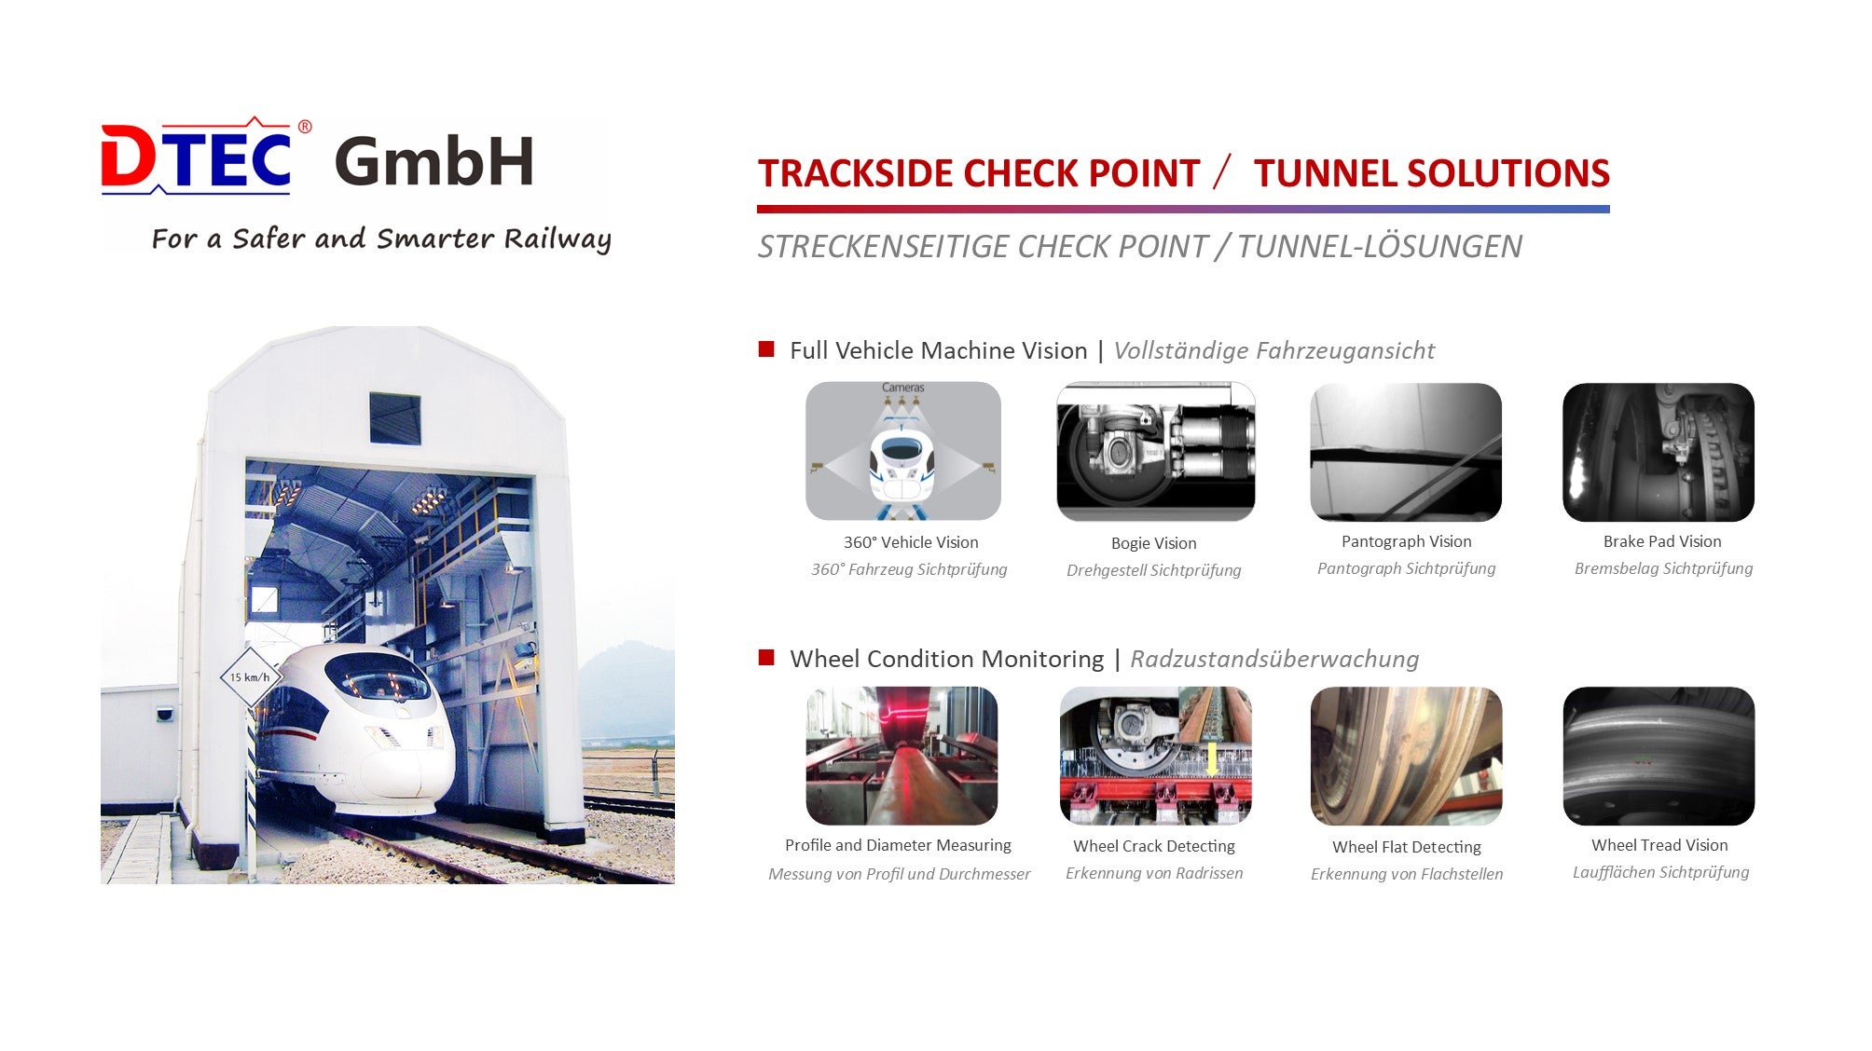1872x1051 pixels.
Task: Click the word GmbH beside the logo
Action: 434,161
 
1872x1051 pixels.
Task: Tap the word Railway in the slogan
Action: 557,239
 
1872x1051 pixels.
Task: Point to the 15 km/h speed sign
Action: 250,677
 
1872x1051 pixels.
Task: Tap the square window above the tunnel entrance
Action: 394,418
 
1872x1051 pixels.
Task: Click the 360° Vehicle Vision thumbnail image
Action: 903,451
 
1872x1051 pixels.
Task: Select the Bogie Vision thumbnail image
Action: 1155,452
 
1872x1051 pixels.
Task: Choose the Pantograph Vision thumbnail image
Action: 1406,452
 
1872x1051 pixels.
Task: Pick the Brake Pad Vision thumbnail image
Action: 1659,452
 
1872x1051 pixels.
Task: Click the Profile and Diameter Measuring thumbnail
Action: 902,756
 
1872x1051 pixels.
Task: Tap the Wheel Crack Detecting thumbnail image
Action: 1155,756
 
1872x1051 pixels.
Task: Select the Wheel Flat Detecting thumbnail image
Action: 1406,756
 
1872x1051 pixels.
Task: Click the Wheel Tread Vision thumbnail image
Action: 1659,756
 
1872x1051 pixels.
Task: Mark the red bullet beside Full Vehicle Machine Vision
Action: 766,349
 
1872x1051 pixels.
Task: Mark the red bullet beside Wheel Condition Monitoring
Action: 766,658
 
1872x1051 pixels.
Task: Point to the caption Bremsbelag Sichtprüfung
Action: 1663,568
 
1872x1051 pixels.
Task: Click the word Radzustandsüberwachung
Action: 1274,659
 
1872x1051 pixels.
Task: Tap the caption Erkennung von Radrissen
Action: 1154,873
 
